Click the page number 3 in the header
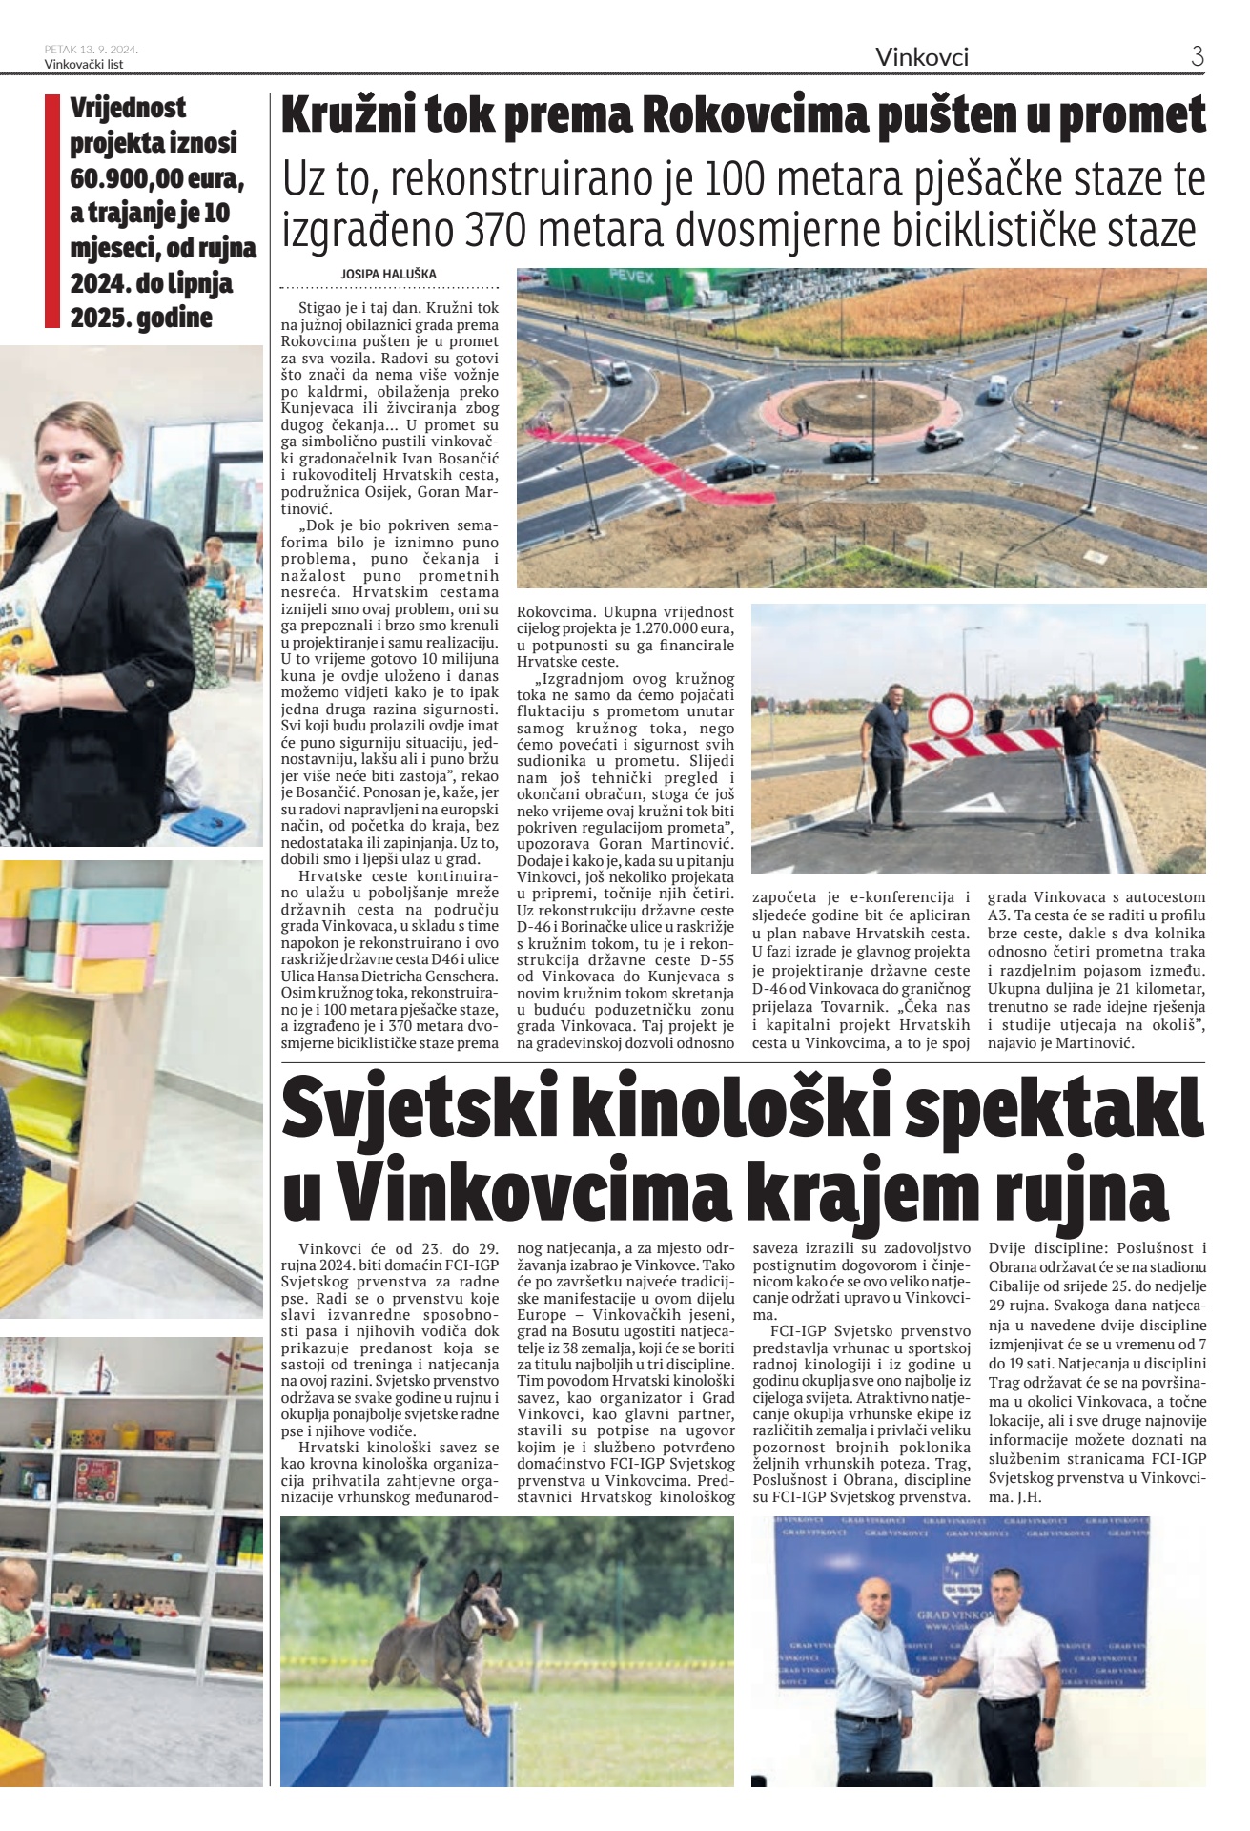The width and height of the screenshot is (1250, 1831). pyautogui.click(x=1198, y=56)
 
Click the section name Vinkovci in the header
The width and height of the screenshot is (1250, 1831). pyautogui.click(x=922, y=57)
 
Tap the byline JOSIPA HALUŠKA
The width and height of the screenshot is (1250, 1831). pyautogui.click(x=388, y=274)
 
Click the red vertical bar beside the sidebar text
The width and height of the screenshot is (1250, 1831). pyautogui.click(x=52, y=212)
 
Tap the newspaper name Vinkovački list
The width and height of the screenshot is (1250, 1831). pyautogui.click(x=84, y=64)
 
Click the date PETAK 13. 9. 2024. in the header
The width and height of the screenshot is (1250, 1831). pyautogui.click(x=92, y=50)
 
